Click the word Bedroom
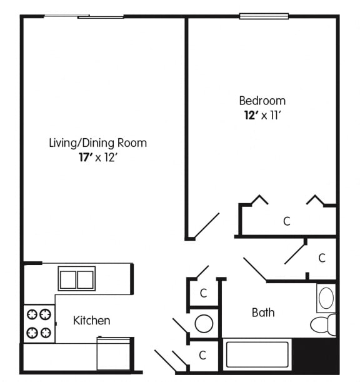coord(262,101)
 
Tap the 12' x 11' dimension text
coord(263,115)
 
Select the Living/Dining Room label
coord(98,143)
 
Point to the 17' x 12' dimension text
coord(98,158)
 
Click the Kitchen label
coord(92,321)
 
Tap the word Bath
coord(263,313)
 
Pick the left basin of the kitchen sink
coord(67,279)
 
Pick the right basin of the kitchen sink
coord(85,279)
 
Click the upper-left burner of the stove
coord(32,314)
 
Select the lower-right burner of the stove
coord(46,333)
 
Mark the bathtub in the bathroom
coord(257,354)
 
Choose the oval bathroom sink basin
coord(326,298)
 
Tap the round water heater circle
coord(204,324)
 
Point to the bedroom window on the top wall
coord(264,16)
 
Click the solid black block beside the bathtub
coord(316,355)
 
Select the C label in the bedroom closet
coord(287,221)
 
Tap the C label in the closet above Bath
coord(322,258)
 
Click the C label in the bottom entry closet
coord(202,355)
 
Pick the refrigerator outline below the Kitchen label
coord(113,353)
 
